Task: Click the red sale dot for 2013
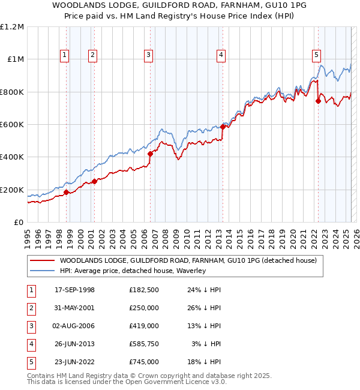click(223, 127)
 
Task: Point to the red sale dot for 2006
click(150, 154)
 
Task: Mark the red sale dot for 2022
click(318, 101)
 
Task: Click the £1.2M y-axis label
click(12, 26)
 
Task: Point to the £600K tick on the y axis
click(12, 125)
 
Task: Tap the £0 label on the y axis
click(18, 223)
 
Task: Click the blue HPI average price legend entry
click(132, 271)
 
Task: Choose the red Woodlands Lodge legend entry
click(174, 260)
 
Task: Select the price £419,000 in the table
click(143, 326)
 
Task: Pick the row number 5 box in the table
click(31, 362)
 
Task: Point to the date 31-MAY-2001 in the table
click(74, 308)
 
